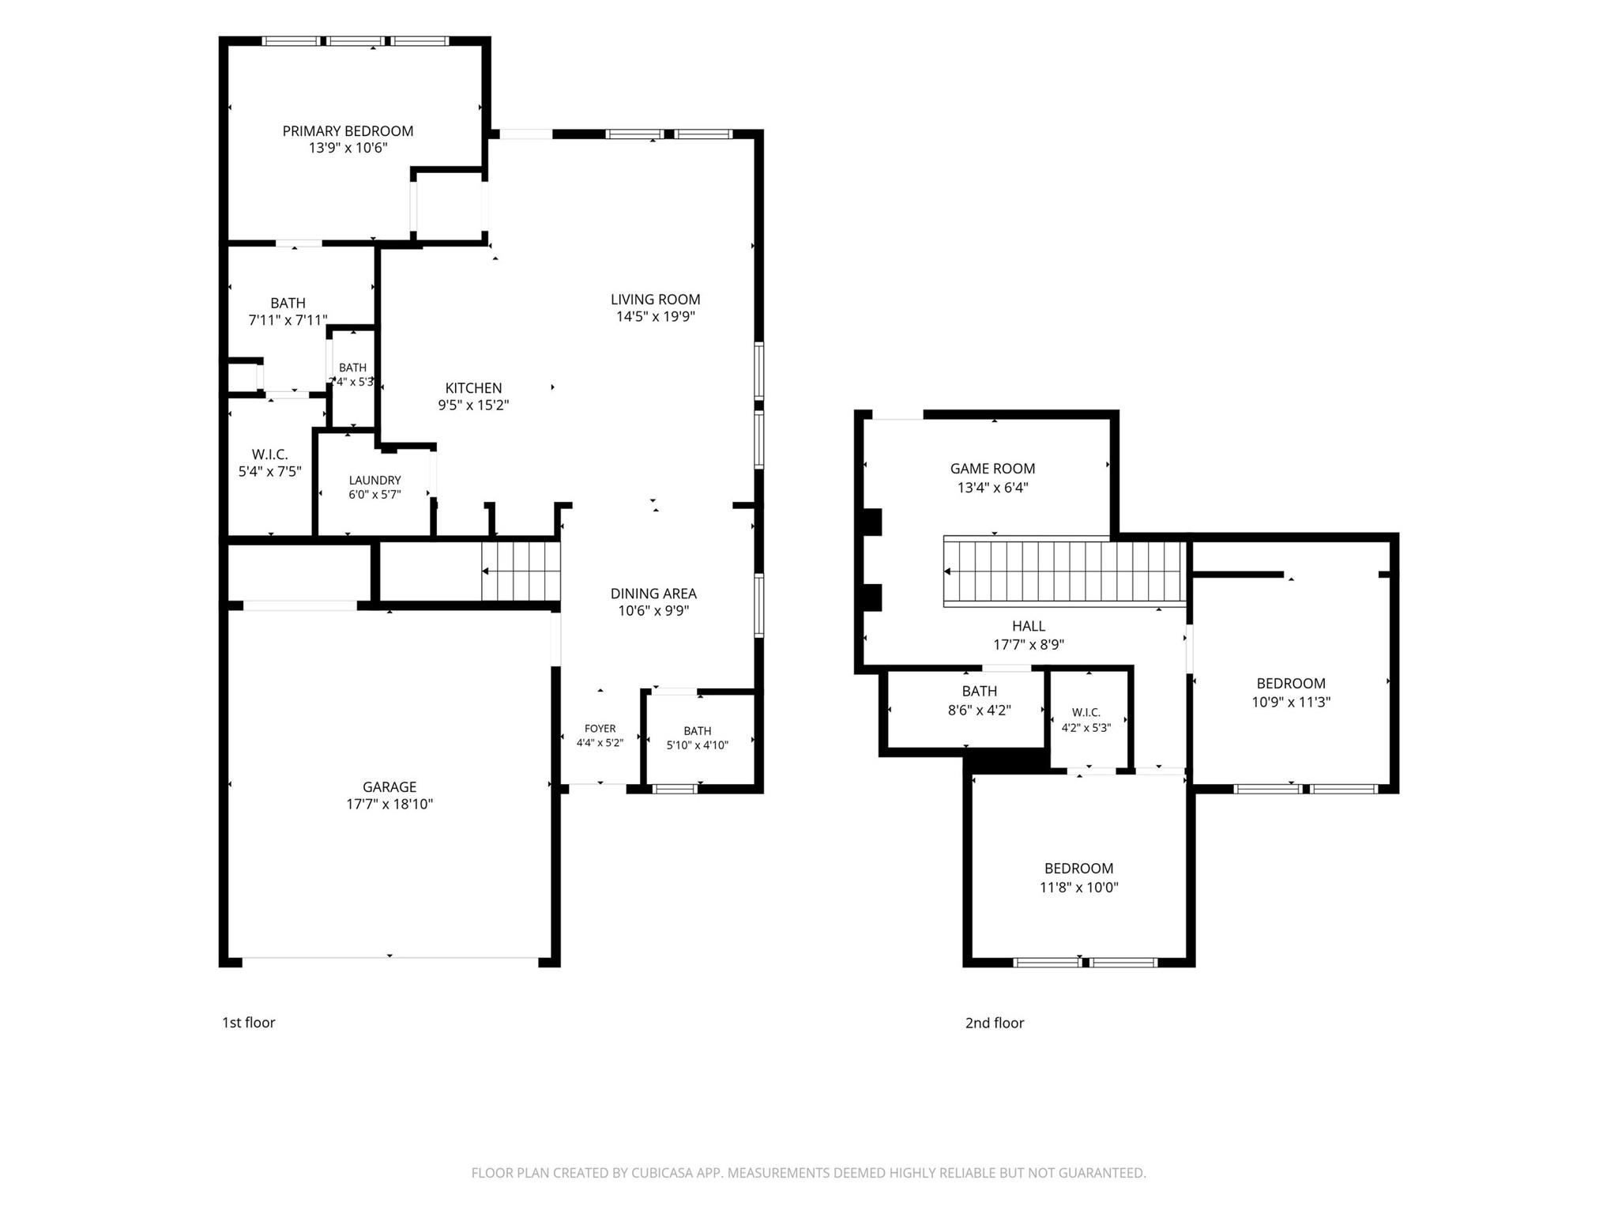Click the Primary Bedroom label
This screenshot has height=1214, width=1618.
[348, 131]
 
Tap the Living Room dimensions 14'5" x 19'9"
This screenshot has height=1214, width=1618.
[656, 317]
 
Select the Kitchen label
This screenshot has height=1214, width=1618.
[473, 388]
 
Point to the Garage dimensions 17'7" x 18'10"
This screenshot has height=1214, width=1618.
[389, 805]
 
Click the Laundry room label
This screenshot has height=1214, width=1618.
[375, 480]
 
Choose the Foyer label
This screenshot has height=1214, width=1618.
[600, 729]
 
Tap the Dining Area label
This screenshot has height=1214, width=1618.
[653, 594]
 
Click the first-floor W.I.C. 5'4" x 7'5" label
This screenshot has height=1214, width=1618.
[270, 463]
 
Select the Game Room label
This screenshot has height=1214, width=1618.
[992, 469]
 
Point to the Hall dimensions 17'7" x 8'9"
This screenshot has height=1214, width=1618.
[1029, 645]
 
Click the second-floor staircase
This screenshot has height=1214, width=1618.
[1066, 572]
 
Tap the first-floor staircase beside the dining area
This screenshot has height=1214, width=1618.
[521, 571]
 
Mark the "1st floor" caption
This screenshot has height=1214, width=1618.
[249, 1023]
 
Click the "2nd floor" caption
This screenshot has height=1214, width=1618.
[995, 1023]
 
